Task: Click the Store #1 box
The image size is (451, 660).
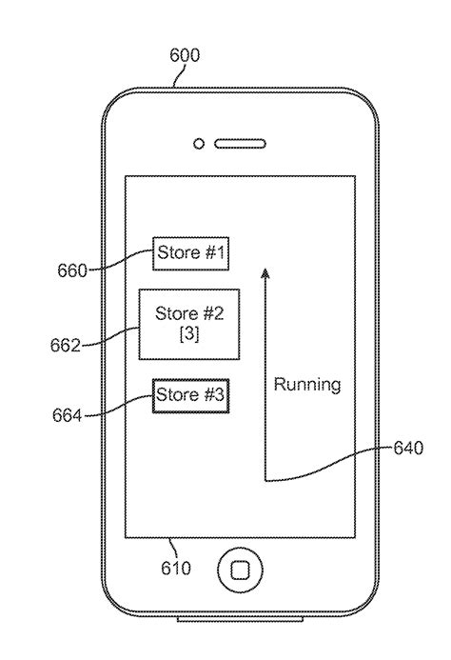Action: tap(190, 253)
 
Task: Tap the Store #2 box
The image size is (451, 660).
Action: tap(188, 324)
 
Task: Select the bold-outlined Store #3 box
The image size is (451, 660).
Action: tap(189, 394)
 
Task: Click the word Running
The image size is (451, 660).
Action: tap(307, 386)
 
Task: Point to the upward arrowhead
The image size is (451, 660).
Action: tap(265, 274)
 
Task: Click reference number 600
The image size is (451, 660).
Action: tap(184, 55)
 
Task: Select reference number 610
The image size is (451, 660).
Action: tap(175, 569)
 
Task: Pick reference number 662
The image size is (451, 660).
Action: tap(66, 345)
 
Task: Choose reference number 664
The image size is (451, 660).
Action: tap(67, 415)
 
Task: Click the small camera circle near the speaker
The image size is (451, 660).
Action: tap(199, 144)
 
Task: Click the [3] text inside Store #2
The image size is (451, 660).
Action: tap(188, 335)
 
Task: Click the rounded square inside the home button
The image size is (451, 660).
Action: tap(241, 571)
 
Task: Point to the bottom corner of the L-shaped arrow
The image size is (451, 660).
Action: tap(265, 480)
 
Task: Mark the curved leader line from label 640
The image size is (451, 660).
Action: tap(333, 465)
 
